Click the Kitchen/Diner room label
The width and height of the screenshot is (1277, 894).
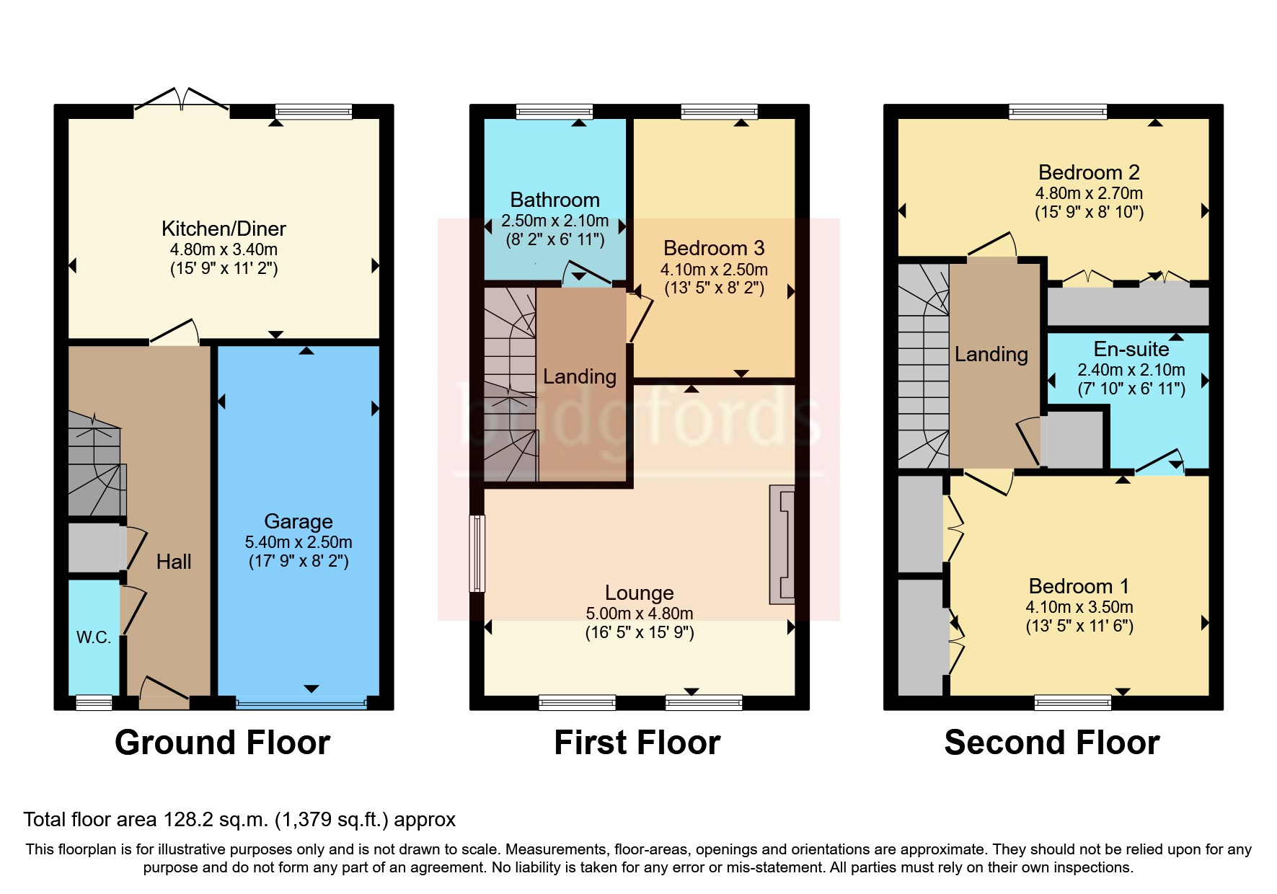click(224, 229)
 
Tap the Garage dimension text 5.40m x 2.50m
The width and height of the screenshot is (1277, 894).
click(299, 542)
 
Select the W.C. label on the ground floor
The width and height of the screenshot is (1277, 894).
click(94, 637)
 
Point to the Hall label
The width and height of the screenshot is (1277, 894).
click(174, 562)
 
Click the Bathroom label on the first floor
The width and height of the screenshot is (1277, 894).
click(554, 200)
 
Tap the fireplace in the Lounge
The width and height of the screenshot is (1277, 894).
click(783, 544)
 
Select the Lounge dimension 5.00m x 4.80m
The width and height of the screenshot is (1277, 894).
click(639, 614)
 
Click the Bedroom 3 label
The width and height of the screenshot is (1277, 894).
click(714, 249)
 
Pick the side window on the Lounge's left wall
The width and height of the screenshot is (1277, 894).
click(477, 553)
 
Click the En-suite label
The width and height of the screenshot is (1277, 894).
click(1131, 350)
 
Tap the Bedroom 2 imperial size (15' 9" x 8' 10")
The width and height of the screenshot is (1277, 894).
click(1089, 213)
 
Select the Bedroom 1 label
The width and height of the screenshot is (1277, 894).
click(1079, 586)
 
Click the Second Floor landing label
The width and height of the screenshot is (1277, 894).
click(991, 355)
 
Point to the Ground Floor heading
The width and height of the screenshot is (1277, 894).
click(222, 743)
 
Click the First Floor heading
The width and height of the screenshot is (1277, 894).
click(637, 743)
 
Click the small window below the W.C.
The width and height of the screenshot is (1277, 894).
click(94, 702)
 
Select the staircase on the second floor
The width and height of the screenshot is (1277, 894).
click(923, 368)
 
